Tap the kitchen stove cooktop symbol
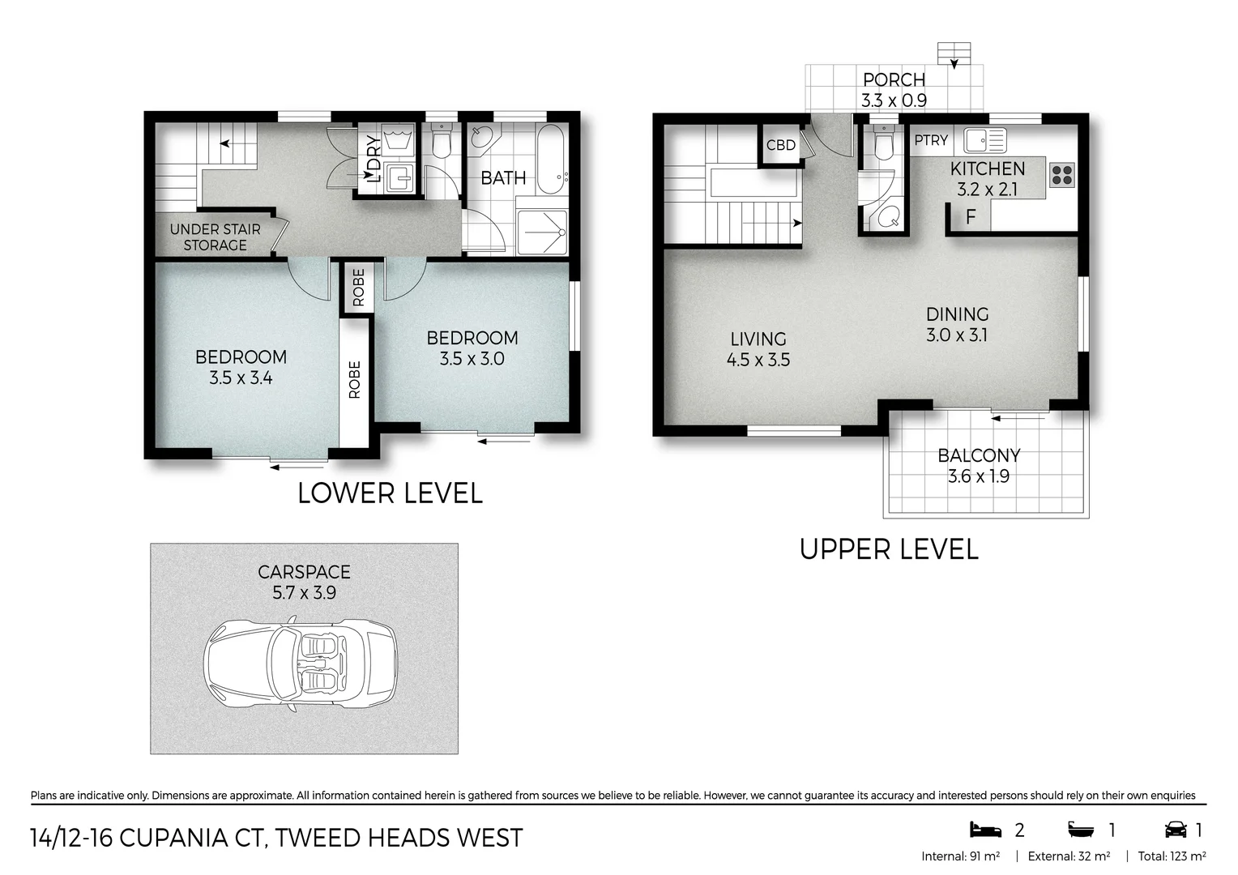click(1061, 175)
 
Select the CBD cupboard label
click(780, 146)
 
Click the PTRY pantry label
click(931, 141)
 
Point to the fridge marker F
click(970, 217)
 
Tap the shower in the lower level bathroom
click(542, 232)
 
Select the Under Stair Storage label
click(215, 237)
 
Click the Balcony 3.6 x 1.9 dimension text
click(978, 476)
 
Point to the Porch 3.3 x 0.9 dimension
click(894, 100)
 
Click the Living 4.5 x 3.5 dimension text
click(758, 360)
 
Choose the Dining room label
click(957, 314)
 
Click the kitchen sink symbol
click(984, 140)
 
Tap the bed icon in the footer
click(985, 830)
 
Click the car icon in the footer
click(1175, 830)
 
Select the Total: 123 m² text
click(1172, 856)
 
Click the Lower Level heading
click(390, 493)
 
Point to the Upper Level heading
click(889, 549)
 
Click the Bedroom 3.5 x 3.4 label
click(241, 367)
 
